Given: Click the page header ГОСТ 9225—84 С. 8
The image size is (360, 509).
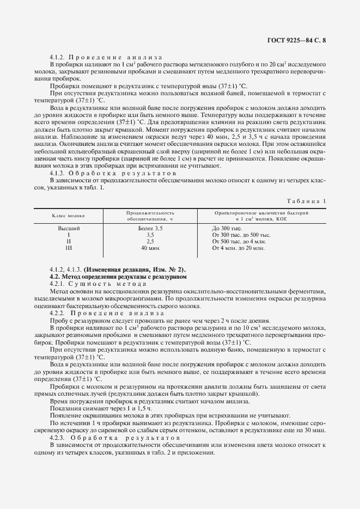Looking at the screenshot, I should (x=298, y=40).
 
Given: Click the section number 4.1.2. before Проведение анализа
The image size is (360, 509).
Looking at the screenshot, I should (x=57, y=57).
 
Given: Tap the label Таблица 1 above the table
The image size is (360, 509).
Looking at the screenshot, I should (x=308, y=201).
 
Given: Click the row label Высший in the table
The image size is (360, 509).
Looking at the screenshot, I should (x=69, y=228).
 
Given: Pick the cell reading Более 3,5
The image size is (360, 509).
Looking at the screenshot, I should (x=150, y=228).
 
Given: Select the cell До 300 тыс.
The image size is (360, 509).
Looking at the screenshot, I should (x=227, y=228).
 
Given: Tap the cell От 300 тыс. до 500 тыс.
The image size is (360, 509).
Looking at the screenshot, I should (x=241, y=235).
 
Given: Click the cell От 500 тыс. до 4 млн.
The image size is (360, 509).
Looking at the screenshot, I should (x=239, y=241).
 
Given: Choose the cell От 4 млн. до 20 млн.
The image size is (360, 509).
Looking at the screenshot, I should (x=239, y=248).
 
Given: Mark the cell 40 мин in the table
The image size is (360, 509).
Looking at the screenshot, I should (x=150, y=248).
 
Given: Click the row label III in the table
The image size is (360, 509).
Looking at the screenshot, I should (x=69, y=248).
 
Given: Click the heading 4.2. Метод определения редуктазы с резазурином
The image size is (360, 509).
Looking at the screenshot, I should (x=118, y=277).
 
